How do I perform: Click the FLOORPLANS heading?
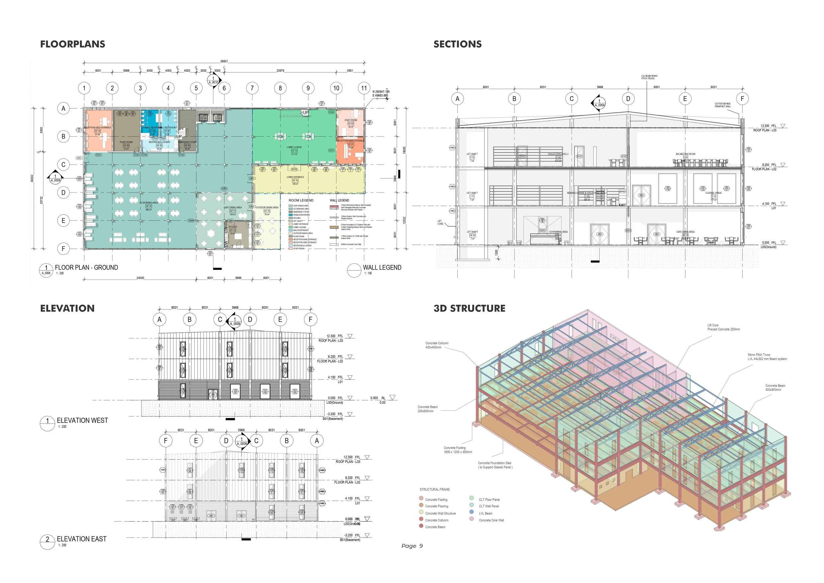[x=72, y=44]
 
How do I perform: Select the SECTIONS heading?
[x=457, y=44]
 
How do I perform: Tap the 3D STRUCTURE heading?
[x=469, y=308]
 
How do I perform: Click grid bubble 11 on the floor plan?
[x=364, y=88]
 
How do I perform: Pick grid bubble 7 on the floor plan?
[x=252, y=88]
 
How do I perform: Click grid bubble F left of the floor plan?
[x=63, y=249]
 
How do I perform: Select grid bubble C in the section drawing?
[x=571, y=98]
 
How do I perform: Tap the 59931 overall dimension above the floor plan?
[x=224, y=61]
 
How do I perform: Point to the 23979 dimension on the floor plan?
[x=280, y=71]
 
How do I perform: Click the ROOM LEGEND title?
[x=301, y=200]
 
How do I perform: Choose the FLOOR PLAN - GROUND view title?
[x=86, y=268]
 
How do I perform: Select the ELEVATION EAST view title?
[x=81, y=539]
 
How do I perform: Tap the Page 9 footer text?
[x=412, y=546]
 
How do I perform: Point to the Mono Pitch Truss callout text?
[x=767, y=357]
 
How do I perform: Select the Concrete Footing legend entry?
[x=436, y=500]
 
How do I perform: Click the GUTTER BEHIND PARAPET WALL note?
[x=722, y=105]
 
